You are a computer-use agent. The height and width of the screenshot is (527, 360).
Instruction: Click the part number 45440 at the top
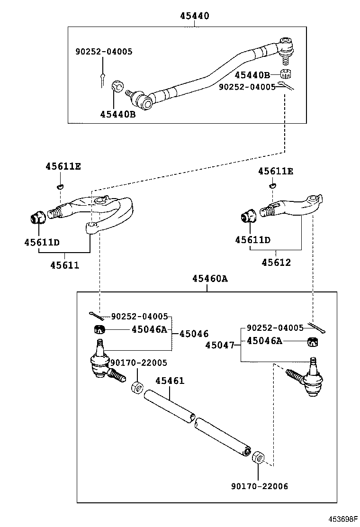[194, 16]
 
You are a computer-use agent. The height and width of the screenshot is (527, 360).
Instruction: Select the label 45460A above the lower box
[210, 279]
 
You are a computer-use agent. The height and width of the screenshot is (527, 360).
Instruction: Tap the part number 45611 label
[65, 265]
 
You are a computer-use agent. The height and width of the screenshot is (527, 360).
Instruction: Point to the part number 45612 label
[276, 262]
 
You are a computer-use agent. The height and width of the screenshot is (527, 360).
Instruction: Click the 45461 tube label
[170, 381]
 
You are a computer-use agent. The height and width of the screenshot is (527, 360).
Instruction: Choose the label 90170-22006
[259, 486]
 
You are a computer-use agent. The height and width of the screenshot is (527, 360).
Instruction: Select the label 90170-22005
[138, 363]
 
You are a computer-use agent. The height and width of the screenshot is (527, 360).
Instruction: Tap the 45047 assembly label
[220, 345]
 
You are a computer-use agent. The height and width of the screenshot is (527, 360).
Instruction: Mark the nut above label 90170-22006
[258, 458]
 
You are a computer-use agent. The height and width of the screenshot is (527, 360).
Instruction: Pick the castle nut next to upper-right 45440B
[285, 74]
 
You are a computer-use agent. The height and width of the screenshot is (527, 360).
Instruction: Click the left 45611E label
[63, 166]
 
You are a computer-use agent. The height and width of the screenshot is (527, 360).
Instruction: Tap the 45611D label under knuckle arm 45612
[252, 240]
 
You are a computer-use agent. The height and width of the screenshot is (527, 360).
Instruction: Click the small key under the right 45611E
[273, 185]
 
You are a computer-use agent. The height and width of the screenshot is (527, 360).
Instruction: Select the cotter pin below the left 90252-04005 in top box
[102, 79]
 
